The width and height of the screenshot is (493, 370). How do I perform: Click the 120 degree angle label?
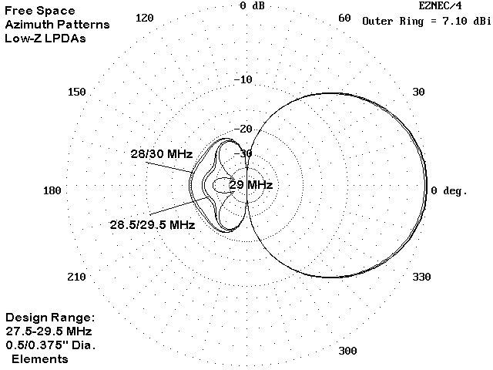point(145,18)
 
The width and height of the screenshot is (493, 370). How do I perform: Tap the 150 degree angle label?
point(77,92)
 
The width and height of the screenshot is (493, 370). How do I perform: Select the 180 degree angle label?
point(52,190)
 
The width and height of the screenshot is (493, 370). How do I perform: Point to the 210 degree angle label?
point(76,277)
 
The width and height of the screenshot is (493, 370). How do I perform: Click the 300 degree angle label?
point(347,351)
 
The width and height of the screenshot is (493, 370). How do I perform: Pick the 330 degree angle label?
point(421,277)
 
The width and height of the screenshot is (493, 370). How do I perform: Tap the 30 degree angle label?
point(418,92)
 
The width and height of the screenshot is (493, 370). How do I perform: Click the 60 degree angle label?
point(344,18)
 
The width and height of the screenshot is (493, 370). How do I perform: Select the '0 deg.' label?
point(449,190)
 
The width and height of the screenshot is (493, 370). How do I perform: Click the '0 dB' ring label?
point(252,5)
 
